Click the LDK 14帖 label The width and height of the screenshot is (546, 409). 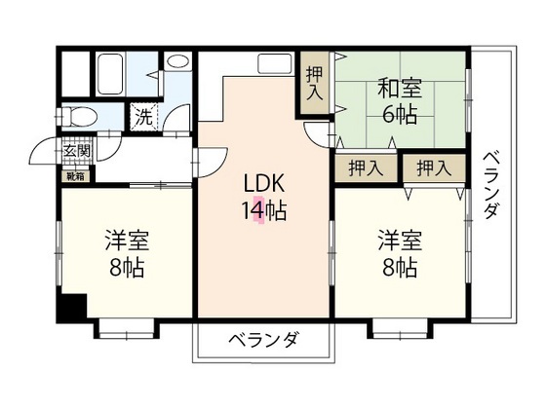pos(264,197)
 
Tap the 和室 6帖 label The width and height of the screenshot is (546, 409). pos(400,101)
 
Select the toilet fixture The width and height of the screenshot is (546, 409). pos(79,116)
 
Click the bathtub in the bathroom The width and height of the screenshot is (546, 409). pos(110,74)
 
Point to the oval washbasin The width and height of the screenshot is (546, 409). pos(177,62)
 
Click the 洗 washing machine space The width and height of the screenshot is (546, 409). pos(144,117)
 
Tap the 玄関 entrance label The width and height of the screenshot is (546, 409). pos(77,151)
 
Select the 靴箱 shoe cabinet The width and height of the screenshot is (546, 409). pos(76,176)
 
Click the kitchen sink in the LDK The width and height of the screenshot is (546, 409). pos(274,63)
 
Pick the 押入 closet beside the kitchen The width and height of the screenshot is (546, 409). pos(315,83)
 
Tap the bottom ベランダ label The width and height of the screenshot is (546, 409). pos(264,339)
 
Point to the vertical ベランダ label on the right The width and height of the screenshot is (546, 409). pos(490,185)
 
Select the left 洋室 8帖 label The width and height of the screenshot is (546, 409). pos(127,253)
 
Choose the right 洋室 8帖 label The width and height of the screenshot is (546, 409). pos(400,253)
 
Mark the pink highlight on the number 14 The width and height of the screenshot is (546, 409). pos(258,209)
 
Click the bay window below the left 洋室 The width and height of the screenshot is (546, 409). pos(127,329)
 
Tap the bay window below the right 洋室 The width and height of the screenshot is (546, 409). pos(400,329)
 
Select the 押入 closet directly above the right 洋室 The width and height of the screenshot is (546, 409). pos(434,168)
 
